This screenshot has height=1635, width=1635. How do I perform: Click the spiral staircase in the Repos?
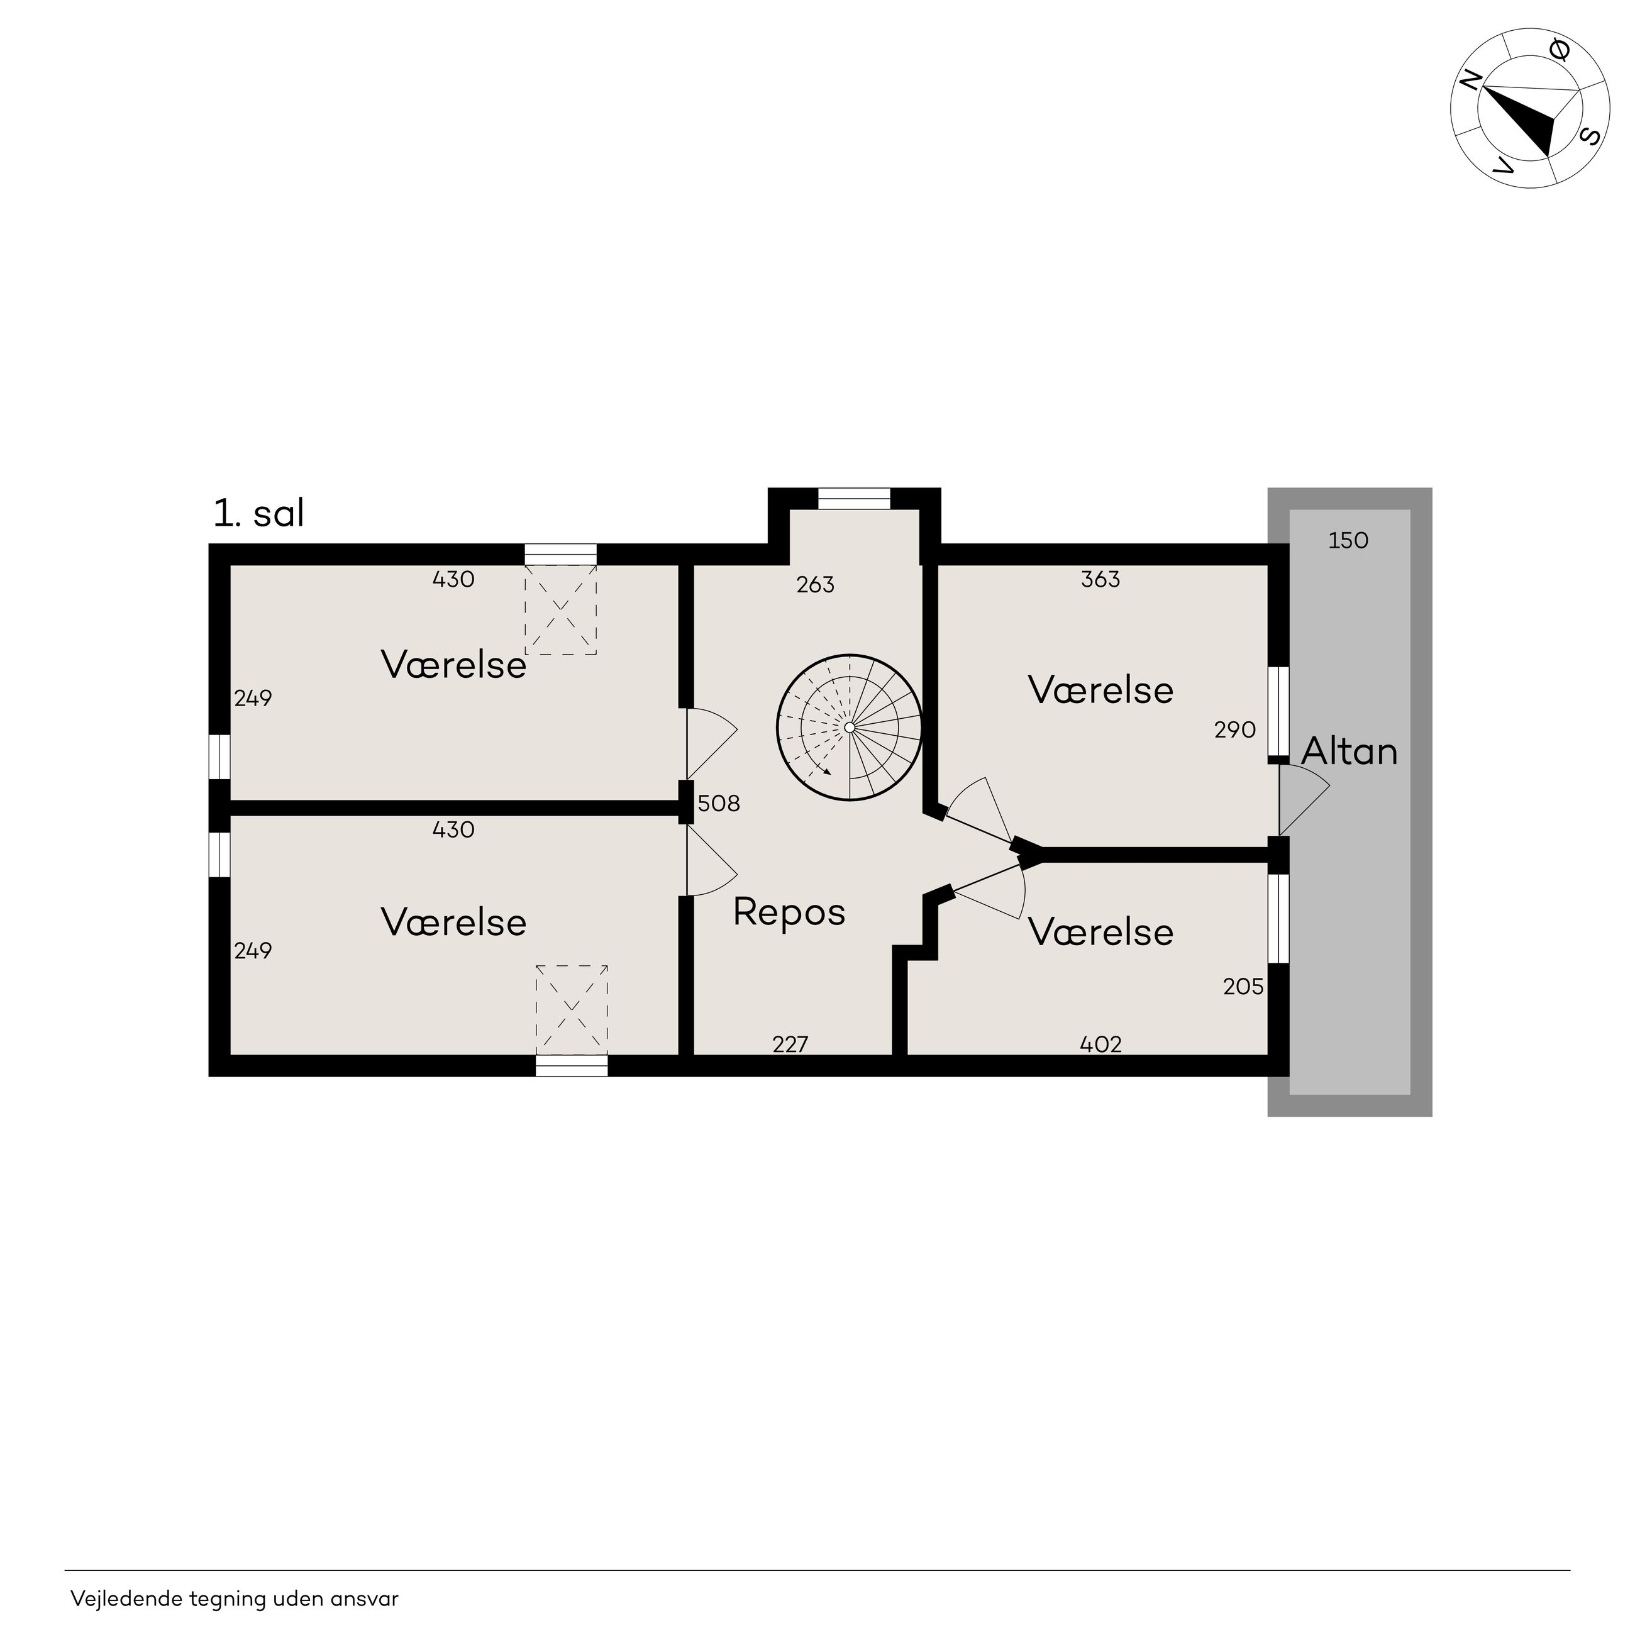pos(849,728)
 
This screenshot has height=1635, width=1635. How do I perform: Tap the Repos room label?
pos(789,913)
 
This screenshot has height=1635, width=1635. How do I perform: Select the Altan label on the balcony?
pos(1349,751)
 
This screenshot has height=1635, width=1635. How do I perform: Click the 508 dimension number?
pos(719,803)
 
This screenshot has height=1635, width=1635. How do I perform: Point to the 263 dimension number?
pos(815,585)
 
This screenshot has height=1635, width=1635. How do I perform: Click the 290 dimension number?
pos(1234,729)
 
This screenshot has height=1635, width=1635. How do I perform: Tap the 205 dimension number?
pos(1243,987)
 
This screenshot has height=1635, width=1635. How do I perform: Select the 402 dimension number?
pos(1101,1045)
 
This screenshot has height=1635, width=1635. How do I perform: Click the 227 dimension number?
pos(790,1045)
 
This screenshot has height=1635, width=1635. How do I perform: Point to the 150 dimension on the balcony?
pos(1348,541)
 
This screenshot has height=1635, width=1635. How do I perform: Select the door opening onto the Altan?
pos(1303,800)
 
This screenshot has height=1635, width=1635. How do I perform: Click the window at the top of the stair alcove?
pos(854,499)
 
